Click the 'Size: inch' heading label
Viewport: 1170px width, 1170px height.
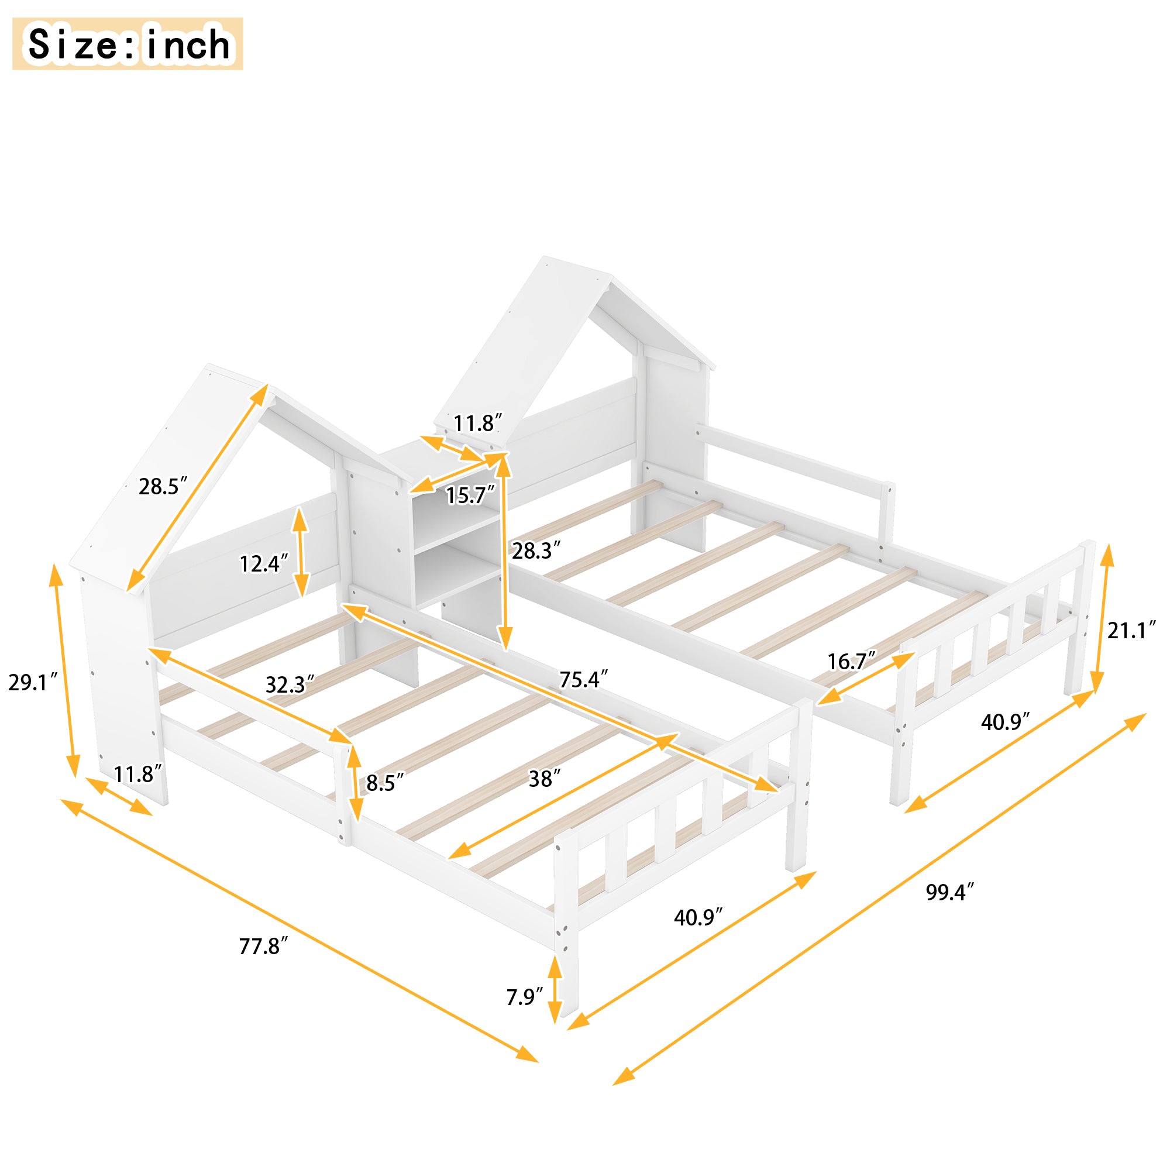point(128,44)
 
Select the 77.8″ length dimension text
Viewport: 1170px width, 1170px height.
point(263,946)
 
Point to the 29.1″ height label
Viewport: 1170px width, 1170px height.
point(33,683)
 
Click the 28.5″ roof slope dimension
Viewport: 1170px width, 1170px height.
point(163,486)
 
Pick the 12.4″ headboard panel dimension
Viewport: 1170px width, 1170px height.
point(263,564)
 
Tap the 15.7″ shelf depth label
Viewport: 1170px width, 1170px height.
point(470,496)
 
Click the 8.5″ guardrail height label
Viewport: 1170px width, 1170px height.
point(384,783)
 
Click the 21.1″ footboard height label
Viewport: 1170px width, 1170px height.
point(1132,631)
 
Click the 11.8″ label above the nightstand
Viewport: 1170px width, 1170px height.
point(478,424)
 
